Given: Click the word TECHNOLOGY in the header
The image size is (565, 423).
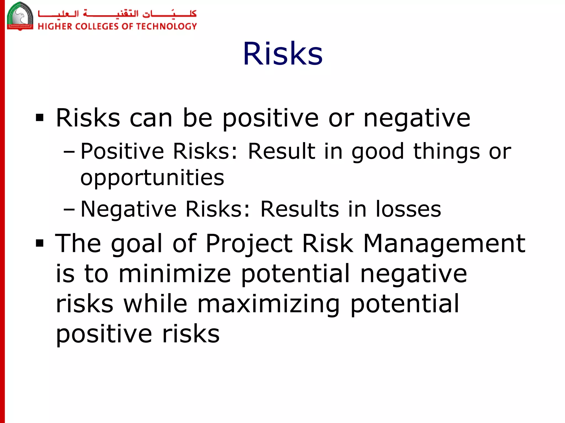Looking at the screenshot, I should (x=166, y=26).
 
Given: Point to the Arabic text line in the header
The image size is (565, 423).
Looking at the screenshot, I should (x=117, y=13).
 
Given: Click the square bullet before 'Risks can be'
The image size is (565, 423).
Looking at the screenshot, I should (x=40, y=118).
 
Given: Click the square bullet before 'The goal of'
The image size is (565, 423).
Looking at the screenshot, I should (x=40, y=243).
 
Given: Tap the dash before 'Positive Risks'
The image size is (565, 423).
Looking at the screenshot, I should (x=69, y=152).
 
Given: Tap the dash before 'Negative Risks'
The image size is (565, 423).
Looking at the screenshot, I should (x=69, y=210).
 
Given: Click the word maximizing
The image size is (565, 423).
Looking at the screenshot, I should (x=268, y=304).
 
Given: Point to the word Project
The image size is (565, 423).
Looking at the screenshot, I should (x=249, y=244).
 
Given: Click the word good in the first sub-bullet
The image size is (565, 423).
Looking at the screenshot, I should (x=378, y=152).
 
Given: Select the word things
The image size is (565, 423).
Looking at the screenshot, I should (x=446, y=152).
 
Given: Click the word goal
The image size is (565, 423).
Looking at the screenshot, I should (x=136, y=244).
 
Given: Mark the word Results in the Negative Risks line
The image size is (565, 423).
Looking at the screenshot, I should (x=300, y=209).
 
